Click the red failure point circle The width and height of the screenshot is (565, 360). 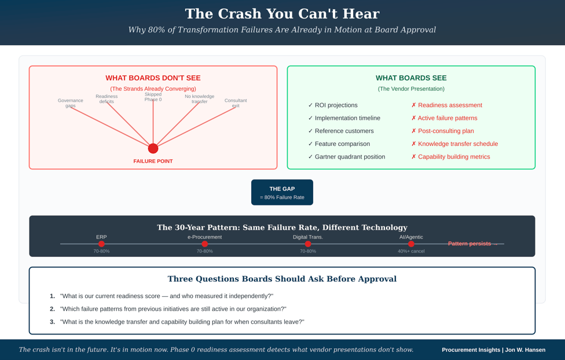coord(153,148)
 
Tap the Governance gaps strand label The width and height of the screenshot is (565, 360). coord(71,103)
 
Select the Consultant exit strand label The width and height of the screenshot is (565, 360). coord(236,103)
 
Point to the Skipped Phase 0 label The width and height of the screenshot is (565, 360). coord(153,97)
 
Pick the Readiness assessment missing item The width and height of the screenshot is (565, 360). coord(446,105)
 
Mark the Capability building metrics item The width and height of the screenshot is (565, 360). coord(450,157)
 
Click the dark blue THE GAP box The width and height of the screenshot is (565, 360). coord(282,192)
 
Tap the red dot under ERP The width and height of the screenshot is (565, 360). coord(101,244)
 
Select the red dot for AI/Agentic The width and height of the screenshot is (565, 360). coord(411,244)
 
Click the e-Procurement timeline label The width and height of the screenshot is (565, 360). coord(204,237)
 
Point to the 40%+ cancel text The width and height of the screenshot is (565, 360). coord(411,251)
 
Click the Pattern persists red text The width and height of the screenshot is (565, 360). coord(472,244)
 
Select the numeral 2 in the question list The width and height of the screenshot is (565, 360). coord(52,309)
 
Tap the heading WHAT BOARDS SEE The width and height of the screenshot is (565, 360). coord(411,78)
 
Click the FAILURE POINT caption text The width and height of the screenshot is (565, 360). coord(153,161)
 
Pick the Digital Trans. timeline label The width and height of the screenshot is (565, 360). coord(308,237)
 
